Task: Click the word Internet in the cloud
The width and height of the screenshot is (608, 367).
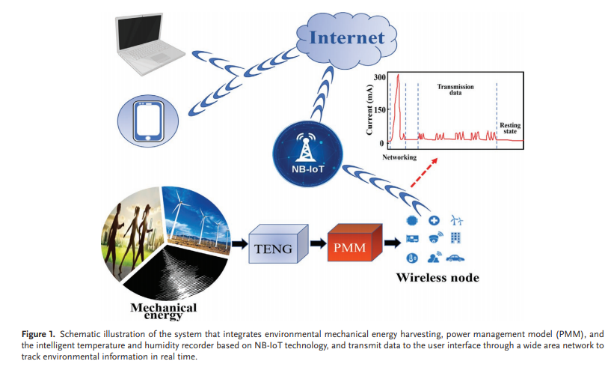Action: tap(346, 37)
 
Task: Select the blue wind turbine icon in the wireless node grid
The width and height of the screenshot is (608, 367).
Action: tap(456, 220)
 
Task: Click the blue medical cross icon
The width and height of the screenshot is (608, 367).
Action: tap(433, 220)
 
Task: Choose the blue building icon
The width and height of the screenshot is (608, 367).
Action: tap(455, 237)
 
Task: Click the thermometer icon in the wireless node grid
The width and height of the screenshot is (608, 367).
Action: tap(411, 258)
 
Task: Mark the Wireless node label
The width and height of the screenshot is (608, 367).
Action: tap(437, 278)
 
